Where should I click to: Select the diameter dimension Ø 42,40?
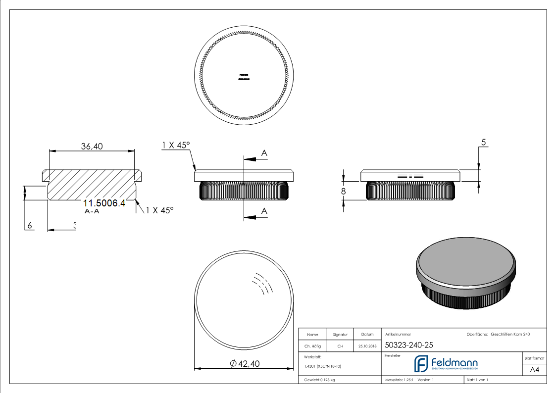point(245,364)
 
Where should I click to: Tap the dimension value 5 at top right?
point(484,143)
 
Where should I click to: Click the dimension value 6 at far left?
point(30,225)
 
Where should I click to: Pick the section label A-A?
point(92,211)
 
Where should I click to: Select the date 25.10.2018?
point(367,346)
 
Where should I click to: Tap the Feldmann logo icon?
point(421,364)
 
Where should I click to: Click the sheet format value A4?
point(535,370)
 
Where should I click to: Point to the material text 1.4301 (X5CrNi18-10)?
point(323,366)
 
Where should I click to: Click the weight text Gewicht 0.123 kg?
point(319,380)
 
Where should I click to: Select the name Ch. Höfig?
point(312,346)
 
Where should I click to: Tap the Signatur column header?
point(340,335)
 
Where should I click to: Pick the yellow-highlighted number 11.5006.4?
point(104,203)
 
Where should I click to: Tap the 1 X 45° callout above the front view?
point(176,145)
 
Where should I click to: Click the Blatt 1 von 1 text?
point(477,380)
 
